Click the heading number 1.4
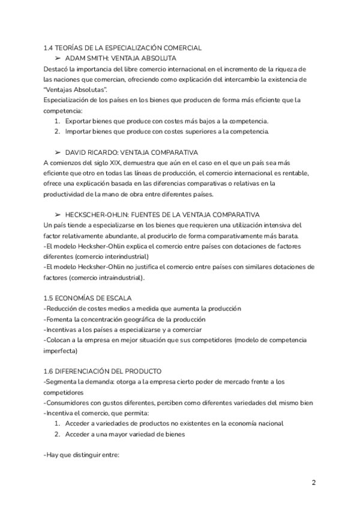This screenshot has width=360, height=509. pos(49,47)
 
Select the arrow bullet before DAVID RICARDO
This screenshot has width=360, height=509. pos(58,152)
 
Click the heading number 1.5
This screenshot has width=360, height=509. pos(49,298)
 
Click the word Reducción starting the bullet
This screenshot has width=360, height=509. pos(63,309)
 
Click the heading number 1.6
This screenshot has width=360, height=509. pos(49,372)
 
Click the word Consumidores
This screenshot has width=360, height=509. pos(70,402)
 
